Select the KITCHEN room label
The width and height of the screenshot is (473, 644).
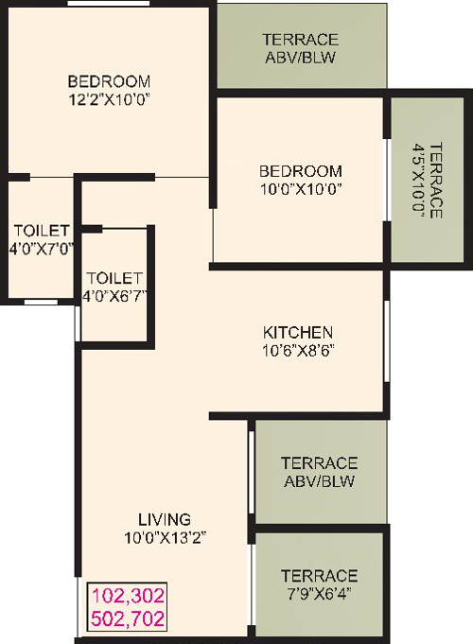coord(297,332)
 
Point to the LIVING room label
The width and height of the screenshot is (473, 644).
coord(165,519)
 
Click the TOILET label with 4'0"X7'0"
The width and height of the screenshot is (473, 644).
coord(41,231)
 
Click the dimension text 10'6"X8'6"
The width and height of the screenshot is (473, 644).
coord(297,350)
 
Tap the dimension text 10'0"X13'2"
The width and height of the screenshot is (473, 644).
coord(165,537)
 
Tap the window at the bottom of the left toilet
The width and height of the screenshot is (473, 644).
coord(39,302)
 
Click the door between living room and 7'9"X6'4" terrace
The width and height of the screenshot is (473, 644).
coord(251,579)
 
